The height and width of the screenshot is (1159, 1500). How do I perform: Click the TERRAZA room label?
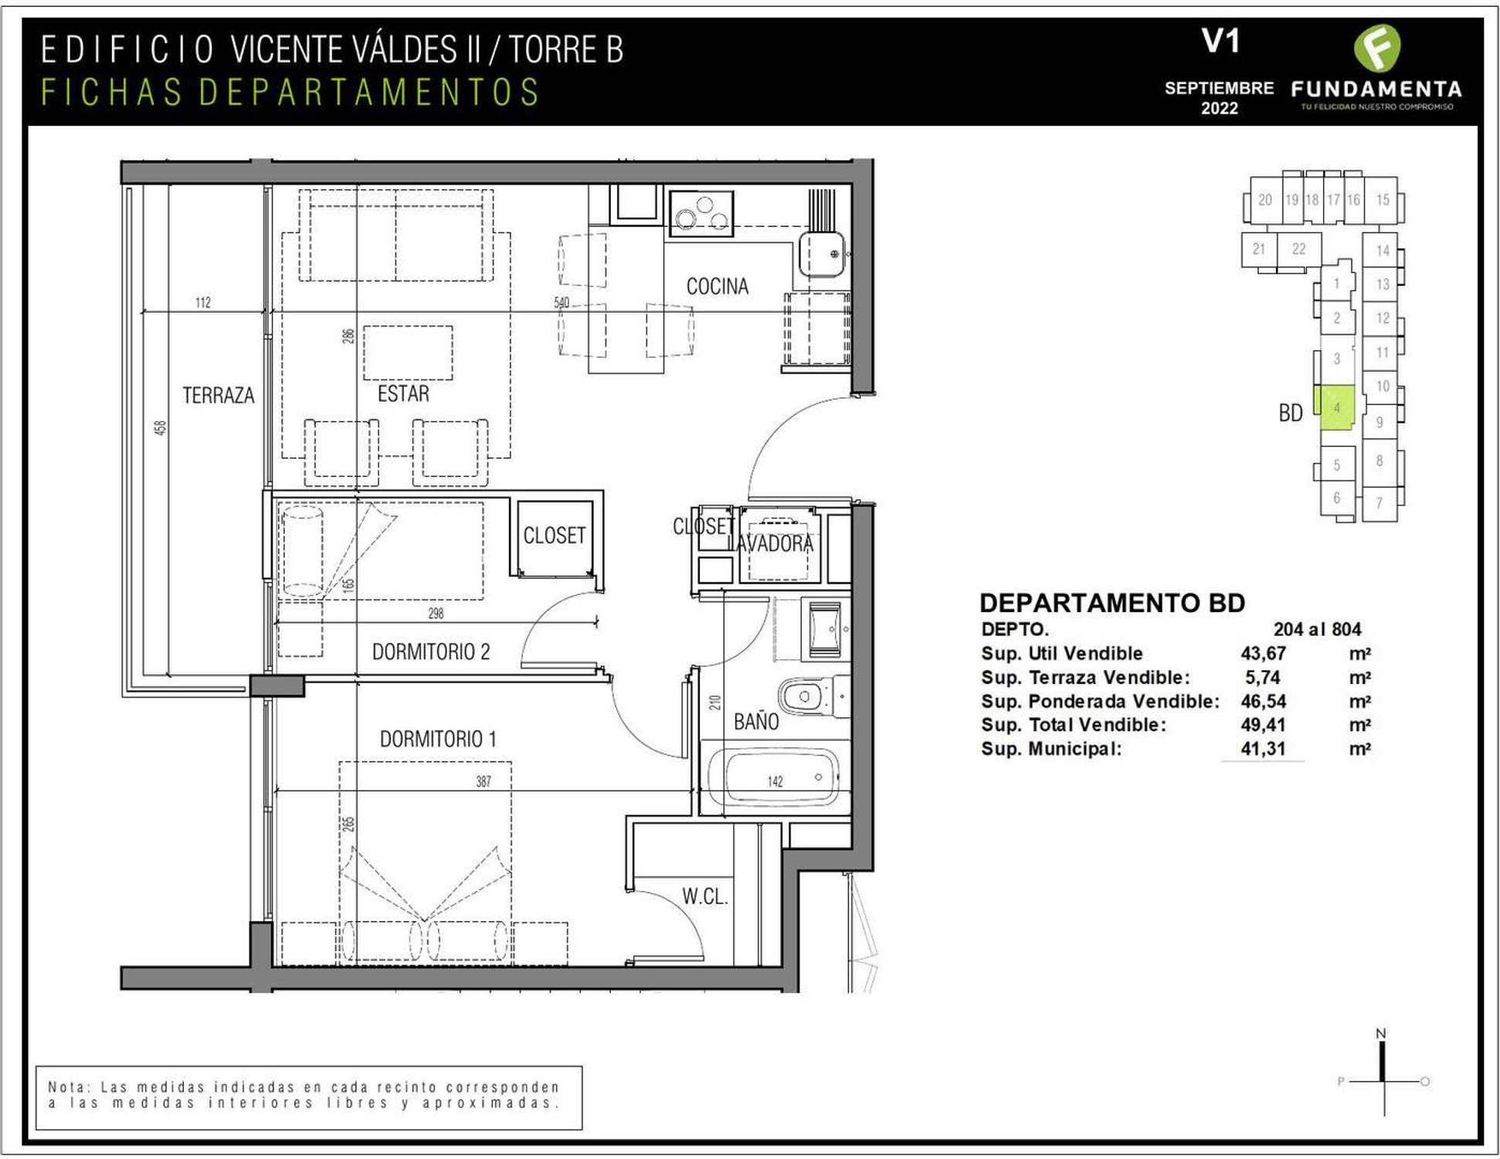coord(218,396)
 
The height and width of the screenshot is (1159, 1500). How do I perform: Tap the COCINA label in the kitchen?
coord(718,287)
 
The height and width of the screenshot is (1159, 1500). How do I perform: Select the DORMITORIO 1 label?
coord(437,739)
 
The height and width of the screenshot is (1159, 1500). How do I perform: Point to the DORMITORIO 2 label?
coord(431,652)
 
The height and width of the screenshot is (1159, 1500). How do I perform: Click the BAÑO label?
coord(756,722)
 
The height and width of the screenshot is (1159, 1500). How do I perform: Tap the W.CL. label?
coord(704,896)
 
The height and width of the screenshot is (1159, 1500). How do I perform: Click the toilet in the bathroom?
coord(812,695)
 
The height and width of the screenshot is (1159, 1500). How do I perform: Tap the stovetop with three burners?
coord(701,212)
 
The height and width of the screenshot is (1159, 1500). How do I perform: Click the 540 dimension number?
coord(562,302)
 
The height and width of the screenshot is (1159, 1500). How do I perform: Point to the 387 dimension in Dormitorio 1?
coord(484,782)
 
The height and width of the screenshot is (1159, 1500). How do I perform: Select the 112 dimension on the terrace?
coord(203,302)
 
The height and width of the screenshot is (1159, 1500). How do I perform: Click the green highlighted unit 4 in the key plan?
coord(1337,408)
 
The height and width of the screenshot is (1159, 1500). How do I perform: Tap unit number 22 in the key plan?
coord(1298,249)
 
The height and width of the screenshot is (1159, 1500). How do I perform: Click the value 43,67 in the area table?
coord(1263,654)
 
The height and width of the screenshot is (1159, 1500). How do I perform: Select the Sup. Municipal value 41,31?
coord(1263,749)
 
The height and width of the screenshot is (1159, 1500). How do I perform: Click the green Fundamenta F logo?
coord(1377,48)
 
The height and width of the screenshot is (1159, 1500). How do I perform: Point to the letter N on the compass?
coord(1381,1034)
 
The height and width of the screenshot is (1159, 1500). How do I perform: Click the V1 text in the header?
coord(1220,41)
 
